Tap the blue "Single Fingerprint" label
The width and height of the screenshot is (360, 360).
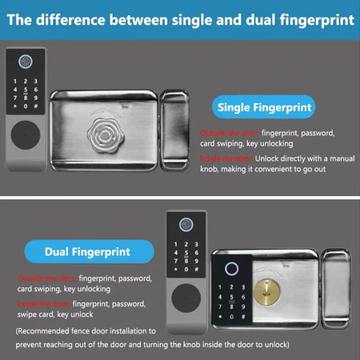point(265,106)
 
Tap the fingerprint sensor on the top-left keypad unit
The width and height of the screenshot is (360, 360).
point(26,60)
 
